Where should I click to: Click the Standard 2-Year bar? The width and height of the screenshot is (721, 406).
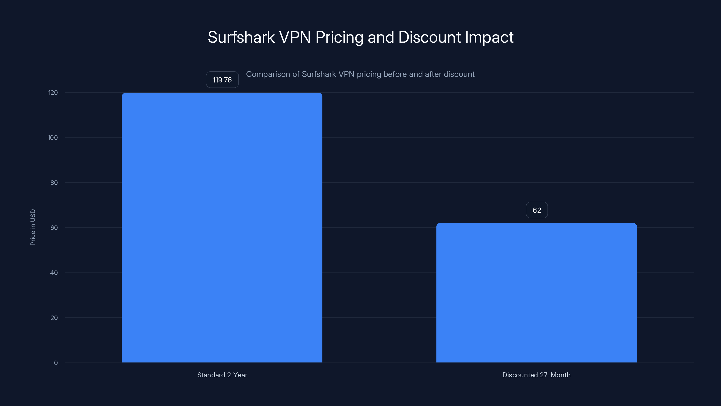click(x=222, y=228)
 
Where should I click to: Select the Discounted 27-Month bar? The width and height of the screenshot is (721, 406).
click(x=536, y=293)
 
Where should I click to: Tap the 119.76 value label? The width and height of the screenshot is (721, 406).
click(x=222, y=80)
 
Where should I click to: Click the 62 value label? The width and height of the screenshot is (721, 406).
click(x=536, y=210)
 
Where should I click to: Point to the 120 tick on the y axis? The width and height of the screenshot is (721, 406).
click(x=53, y=93)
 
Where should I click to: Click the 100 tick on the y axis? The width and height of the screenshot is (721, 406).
click(x=53, y=138)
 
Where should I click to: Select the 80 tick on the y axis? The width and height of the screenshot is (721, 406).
click(x=54, y=183)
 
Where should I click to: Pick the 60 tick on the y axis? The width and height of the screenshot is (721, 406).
click(x=54, y=228)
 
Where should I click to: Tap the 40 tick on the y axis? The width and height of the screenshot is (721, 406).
click(x=54, y=273)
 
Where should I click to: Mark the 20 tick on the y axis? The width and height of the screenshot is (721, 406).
click(x=54, y=318)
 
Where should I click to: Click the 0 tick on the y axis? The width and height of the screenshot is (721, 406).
click(x=56, y=363)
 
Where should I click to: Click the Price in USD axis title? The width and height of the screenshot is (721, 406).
click(x=33, y=227)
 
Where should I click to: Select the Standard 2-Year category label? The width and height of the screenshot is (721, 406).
click(x=222, y=375)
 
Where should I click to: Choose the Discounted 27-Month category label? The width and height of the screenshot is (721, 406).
click(x=536, y=375)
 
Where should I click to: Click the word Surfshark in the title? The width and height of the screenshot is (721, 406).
click(x=241, y=37)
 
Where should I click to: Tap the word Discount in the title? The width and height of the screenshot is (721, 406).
click(x=429, y=37)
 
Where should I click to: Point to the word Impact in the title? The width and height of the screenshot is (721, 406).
click(x=489, y=37)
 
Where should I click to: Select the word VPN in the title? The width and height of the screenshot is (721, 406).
click(x=295, y=37)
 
